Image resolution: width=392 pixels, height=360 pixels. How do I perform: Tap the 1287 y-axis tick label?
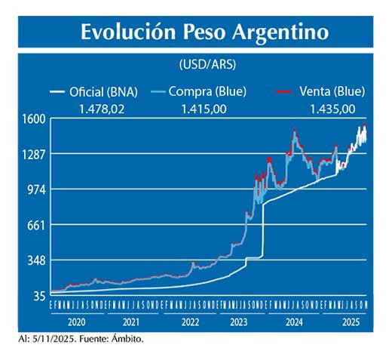[x=35, y=154]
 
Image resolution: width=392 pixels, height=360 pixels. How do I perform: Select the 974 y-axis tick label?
[x=37, y=189]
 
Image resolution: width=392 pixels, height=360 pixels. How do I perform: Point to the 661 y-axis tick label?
[x=37, y=225]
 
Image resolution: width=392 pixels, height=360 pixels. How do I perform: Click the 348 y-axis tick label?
[x=37, y=260]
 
